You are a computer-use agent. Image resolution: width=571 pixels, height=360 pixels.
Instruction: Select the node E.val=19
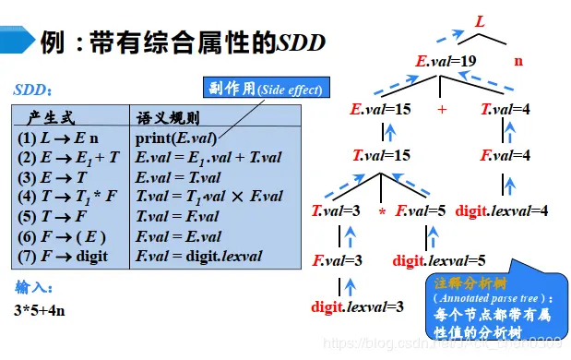446,63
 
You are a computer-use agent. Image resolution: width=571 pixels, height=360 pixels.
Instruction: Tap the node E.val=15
380,109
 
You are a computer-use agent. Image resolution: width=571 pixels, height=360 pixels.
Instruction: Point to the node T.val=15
381,156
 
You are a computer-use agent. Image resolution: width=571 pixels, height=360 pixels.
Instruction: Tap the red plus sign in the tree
442,109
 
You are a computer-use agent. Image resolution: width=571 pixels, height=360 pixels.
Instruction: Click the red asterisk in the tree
381,212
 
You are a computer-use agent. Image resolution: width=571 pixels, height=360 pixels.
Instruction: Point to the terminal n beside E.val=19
517,62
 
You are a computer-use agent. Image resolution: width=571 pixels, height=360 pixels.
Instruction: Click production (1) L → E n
53,138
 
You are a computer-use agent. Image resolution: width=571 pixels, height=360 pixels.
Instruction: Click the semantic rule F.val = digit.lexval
198,256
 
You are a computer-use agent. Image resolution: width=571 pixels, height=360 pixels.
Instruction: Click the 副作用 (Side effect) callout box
265,89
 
